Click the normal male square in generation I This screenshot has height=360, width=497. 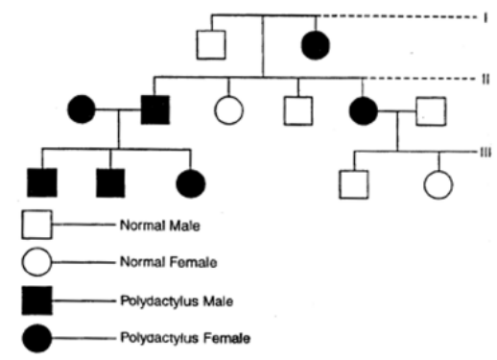click(x=211, y=45)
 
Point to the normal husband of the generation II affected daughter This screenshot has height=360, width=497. click(x=429, y=112)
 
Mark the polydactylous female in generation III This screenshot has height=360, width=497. click(x=190, y=180)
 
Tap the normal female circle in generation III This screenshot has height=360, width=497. click(x=438, y=182)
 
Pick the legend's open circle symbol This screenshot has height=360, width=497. click(x=37, y=260)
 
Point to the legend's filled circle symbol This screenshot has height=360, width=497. click(x=37, y=338)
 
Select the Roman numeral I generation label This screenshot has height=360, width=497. click(x=486, y=16)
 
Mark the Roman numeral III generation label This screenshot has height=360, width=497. click(x=487, y=152)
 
